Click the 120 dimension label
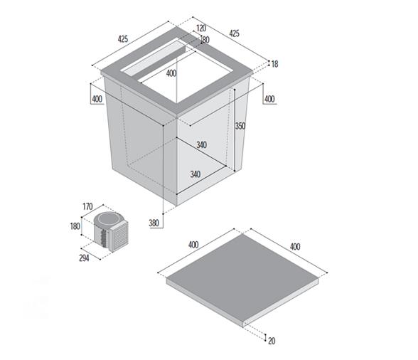(201, 28)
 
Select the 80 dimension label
(206, 40)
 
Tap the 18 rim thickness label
(274, 64)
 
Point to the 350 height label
(240, 126)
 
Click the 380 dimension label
(154, 223)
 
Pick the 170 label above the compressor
(87, 206)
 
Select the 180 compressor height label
(75, 226)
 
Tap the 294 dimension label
(84, 258)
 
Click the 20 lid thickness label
(272, 341)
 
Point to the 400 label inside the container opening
(171, 73)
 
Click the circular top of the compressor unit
(109, 219)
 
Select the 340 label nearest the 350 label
(202, 145)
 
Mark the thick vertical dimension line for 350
(235, 130)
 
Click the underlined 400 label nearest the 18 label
(269, 99)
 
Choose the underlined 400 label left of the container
(97, 99)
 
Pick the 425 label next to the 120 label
(235, 33)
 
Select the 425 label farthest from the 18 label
(123, 39)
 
